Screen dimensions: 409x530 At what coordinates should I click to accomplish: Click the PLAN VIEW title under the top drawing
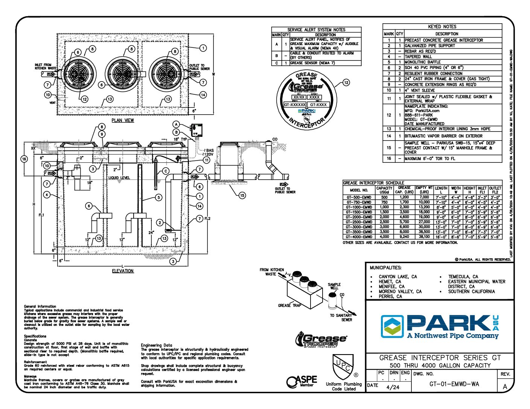click(123, 120)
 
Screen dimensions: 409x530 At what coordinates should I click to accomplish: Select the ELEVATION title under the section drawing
click(123, 271)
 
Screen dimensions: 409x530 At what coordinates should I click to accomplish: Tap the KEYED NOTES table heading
click(442, 27)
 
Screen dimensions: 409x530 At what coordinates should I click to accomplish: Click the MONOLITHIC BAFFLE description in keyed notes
click(422, 62)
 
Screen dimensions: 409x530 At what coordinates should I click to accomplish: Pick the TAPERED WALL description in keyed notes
click(418, 57)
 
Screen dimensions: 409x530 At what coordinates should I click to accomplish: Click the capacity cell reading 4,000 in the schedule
click(384, 237)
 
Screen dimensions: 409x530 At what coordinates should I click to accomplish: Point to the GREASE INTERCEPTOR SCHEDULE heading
click(373, 183)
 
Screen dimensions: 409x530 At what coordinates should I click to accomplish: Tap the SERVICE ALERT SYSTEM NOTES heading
click(316, 30)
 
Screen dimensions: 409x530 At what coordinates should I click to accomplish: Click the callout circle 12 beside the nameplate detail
click(346, 82)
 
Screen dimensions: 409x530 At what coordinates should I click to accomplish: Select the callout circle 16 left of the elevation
click(24, 159)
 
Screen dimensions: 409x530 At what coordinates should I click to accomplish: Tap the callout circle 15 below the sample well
click(242, 195)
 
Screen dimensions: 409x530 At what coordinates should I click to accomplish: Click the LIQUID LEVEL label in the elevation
click(119, 178)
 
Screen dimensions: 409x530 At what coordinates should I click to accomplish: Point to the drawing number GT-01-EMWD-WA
click(454, 384)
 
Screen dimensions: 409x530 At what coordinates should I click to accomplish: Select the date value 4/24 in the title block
click(393, 387)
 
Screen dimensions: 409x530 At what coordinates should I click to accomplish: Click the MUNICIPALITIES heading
click(385, 268)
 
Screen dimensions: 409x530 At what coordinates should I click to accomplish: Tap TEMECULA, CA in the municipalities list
click(463, 277)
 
